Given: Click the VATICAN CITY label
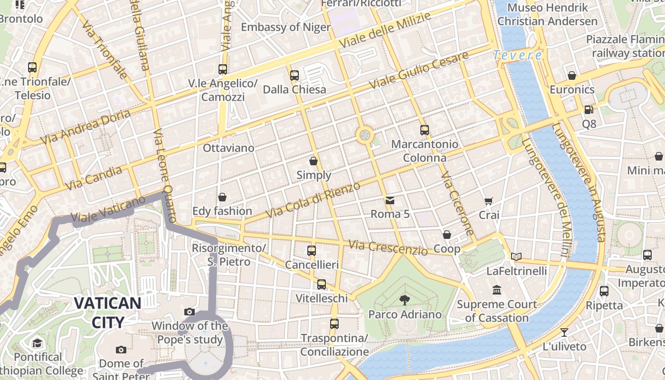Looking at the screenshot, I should [108, 312].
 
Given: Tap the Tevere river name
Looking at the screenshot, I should [517, 56].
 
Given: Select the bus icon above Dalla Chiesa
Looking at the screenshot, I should [294, 75].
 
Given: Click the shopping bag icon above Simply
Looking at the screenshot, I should [313, 161].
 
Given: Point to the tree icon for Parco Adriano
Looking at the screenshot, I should [405, 300].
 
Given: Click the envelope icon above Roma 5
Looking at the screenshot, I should [390, 200].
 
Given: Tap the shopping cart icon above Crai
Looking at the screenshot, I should [489, 201].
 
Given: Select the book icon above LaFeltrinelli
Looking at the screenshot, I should [516, 257].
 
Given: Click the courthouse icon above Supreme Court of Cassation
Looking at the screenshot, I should [497, 290].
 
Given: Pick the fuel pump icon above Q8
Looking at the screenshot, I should [589, 110].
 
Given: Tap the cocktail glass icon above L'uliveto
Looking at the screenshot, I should [564, 332].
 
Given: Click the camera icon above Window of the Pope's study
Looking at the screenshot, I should [190, 312].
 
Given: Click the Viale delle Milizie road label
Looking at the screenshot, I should [385, 29].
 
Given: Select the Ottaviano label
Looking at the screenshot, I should [228, 148].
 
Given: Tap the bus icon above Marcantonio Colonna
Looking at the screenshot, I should [425, 130].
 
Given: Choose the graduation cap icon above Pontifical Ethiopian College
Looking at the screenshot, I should [37, 343].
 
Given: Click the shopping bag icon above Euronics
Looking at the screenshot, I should [572, 76].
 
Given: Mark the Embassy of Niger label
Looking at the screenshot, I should [285, 27].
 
